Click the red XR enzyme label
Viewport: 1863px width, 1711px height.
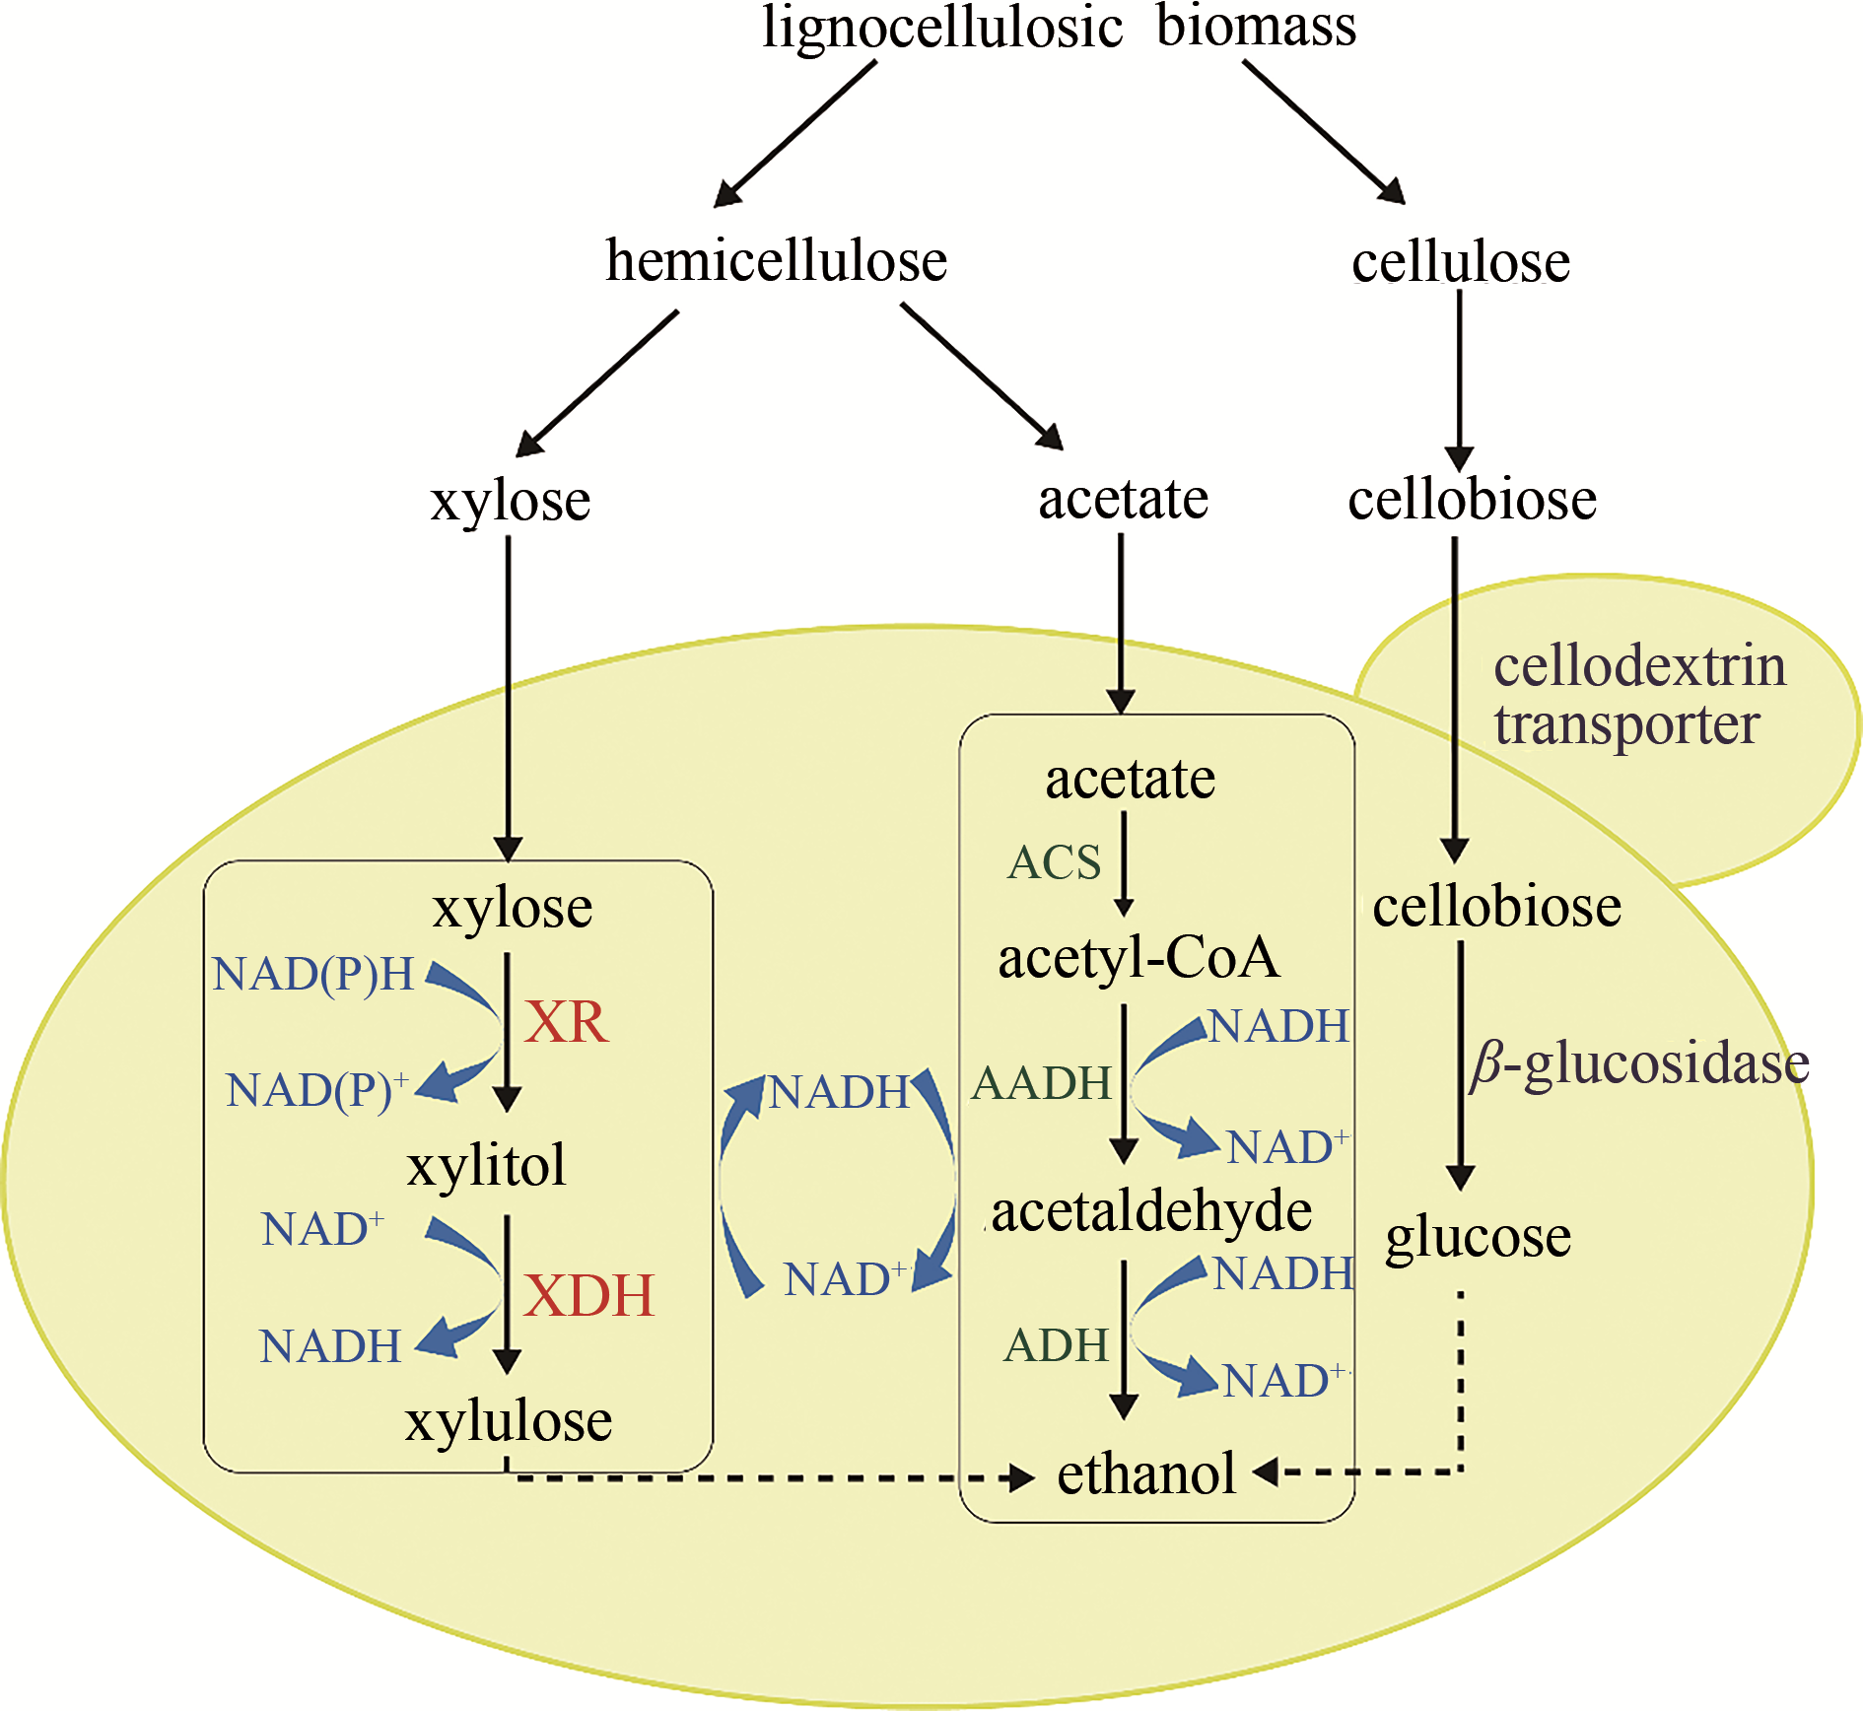click(566, 1022)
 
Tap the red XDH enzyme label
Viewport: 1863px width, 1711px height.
click(588, 1295)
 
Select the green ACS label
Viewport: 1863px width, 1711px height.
click(1054, 863)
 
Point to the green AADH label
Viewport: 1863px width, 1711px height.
click(1042, 1083)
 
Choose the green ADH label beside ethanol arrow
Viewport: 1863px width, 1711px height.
click(1056, 1345)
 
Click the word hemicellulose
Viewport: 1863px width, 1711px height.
click(777, 261)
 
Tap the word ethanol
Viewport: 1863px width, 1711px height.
click(1146, 1473)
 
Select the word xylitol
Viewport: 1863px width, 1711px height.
click(487, 1165)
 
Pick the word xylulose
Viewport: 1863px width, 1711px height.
click(509, 1421)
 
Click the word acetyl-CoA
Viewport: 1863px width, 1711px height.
click(1138, 958)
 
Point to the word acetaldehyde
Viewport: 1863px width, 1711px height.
click(1151, 1211)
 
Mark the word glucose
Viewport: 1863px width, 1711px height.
click(1478, 1238)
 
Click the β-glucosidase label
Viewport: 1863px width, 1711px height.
click(1639, 1064)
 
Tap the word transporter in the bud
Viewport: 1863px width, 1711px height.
click(1626, 725)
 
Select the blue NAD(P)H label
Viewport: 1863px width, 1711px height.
click(313, 975)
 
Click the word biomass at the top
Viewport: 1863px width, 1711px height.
click(1256, 27)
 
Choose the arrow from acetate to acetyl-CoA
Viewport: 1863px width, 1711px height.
click(1124, 863)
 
